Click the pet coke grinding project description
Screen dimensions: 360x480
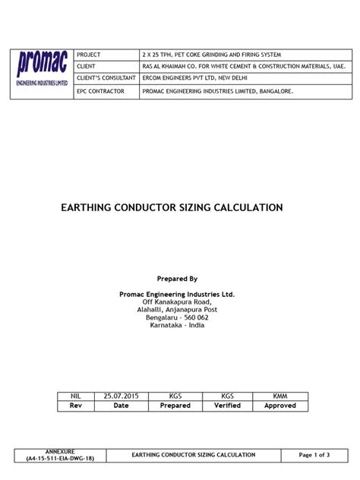coord(212,55)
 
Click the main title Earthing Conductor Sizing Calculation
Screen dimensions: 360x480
coord(172,207)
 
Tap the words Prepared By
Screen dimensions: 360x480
coord(177,279)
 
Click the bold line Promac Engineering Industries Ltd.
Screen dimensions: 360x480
coord(177,294)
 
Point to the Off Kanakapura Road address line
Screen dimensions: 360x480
coord(177,302)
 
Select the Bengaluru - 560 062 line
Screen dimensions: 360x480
coord(177,317)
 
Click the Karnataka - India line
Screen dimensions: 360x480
coord(177,326)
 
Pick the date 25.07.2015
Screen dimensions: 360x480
coord(122,396)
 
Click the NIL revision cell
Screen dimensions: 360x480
coord(75,396)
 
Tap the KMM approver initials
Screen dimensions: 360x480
coord(280,396)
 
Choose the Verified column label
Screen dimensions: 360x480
coord(227,406)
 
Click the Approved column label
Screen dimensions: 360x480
coord(280,406)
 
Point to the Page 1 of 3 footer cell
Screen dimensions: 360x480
coord(314,455)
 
